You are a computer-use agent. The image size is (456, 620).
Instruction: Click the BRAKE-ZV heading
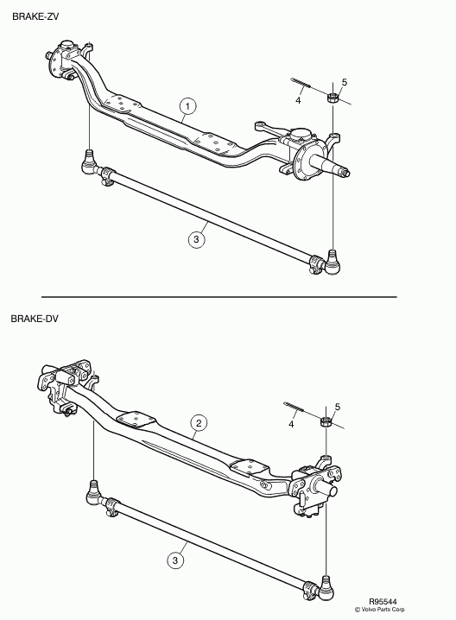coord(35,16)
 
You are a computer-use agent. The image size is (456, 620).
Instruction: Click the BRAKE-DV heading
coord(35,319)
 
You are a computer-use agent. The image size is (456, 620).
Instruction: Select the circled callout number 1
coord(187,106)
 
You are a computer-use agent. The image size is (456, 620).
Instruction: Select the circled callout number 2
coord(199,423)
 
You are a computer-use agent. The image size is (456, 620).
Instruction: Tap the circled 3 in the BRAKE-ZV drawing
coord(197,239)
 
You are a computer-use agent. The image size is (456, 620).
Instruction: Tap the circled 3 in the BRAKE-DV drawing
coord(175,560)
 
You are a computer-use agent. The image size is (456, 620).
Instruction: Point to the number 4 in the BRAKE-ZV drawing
coord(298,100)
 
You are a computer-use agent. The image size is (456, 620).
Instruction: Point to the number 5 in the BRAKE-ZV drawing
coord(344,82)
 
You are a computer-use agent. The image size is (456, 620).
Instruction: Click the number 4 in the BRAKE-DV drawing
coord(291,424)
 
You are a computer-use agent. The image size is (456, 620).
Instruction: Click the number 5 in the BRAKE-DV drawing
coord(338,407)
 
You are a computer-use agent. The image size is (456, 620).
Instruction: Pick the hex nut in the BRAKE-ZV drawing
coord(332,98)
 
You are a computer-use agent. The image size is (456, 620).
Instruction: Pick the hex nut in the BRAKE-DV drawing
coord(326,421)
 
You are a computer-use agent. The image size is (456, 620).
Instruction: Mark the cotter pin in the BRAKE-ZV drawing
coord(301,84)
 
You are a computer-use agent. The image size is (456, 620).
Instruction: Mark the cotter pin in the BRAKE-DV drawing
coord(294,408)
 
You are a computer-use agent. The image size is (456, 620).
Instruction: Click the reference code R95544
coord(383,602)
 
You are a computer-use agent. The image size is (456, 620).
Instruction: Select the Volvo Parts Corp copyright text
coord(379,610)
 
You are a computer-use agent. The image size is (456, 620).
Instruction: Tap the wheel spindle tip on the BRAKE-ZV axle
coord(346,173)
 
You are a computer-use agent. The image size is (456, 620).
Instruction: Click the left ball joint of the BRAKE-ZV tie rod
coord(91,164)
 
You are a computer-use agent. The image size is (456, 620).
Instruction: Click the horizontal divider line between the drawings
coord(219,296)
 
